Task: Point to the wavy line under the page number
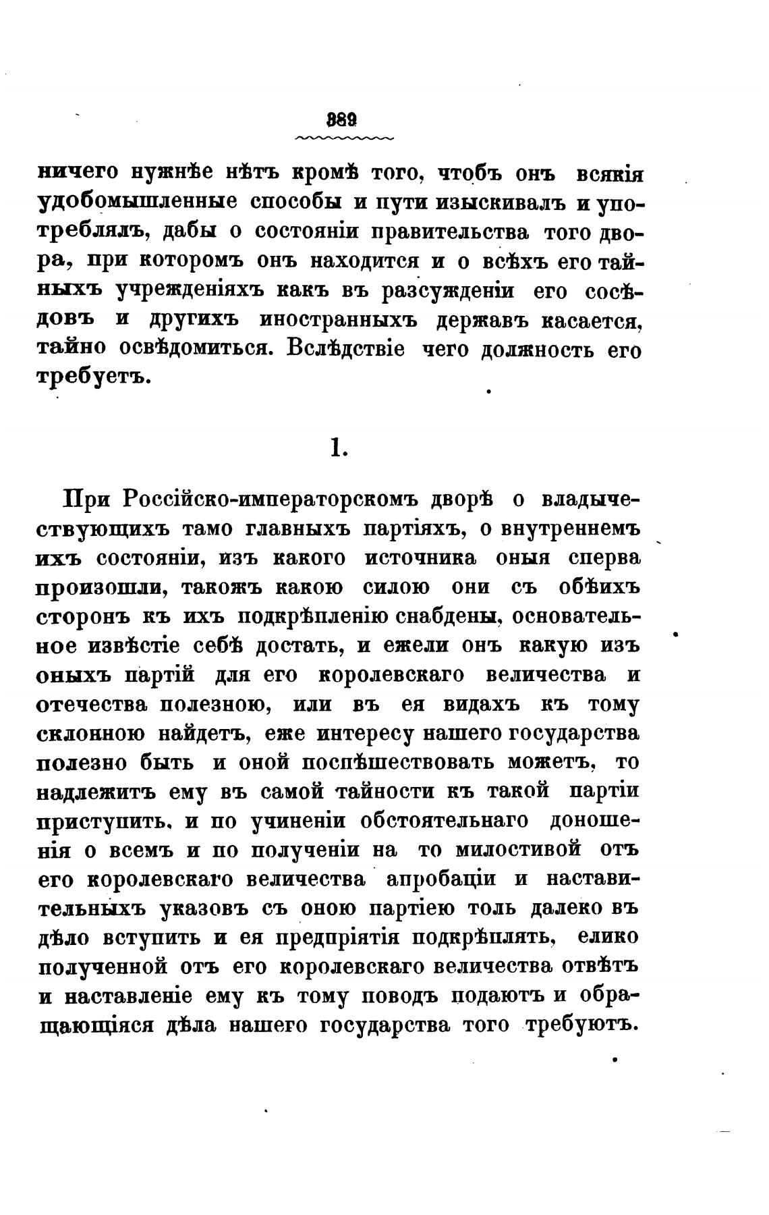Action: point(345,138)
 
